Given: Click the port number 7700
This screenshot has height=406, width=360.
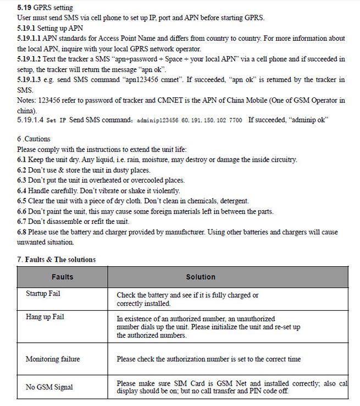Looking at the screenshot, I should pyautogui.click(x=234, y=120).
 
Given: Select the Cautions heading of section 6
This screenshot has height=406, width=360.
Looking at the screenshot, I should pyautogui.click(x=37, y=140).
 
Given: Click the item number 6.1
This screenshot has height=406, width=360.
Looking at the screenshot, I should pyautogui.click(x=23, y=160).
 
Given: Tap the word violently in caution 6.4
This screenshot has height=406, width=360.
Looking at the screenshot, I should pyautogui.click(x=163, y=190).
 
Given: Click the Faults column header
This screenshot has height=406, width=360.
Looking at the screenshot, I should pyautogui.click(x=62, y=277).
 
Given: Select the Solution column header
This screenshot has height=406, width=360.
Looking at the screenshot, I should pyautogui.click(x=200, y=277).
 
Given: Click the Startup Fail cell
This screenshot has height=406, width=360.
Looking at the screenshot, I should pyautogui.click(x=43, y=294).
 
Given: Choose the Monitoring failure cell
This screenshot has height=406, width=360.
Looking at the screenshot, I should pyautogui.click(x=53, y=359).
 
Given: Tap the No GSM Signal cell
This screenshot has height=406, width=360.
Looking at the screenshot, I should pyautogui.click(x=49, y=387).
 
